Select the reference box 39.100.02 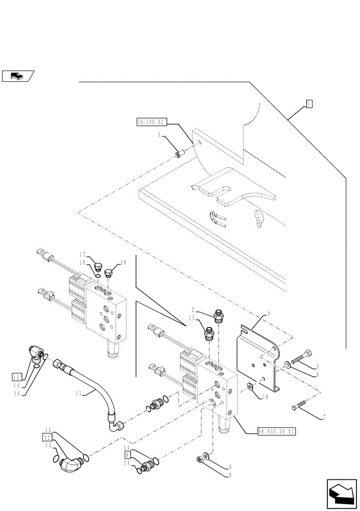pyautogui.click(x=150, y=122)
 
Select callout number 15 pyautogui.click(x=191, y=317)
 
